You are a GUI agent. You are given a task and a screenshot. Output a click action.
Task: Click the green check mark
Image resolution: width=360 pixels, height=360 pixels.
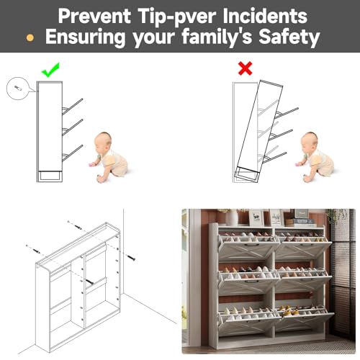point(50,70)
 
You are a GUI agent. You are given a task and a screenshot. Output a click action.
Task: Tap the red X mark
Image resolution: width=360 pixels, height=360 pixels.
point(246,69)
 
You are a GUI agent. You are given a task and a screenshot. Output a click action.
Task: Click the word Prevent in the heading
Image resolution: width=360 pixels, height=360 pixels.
point(94,15)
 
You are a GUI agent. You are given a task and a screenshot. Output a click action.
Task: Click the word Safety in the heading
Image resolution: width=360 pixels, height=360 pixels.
point(287,38)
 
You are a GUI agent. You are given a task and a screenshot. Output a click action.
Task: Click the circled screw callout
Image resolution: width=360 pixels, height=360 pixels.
point(17,89)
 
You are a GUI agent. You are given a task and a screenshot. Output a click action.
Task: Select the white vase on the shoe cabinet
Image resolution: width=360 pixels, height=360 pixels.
point(232,217)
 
